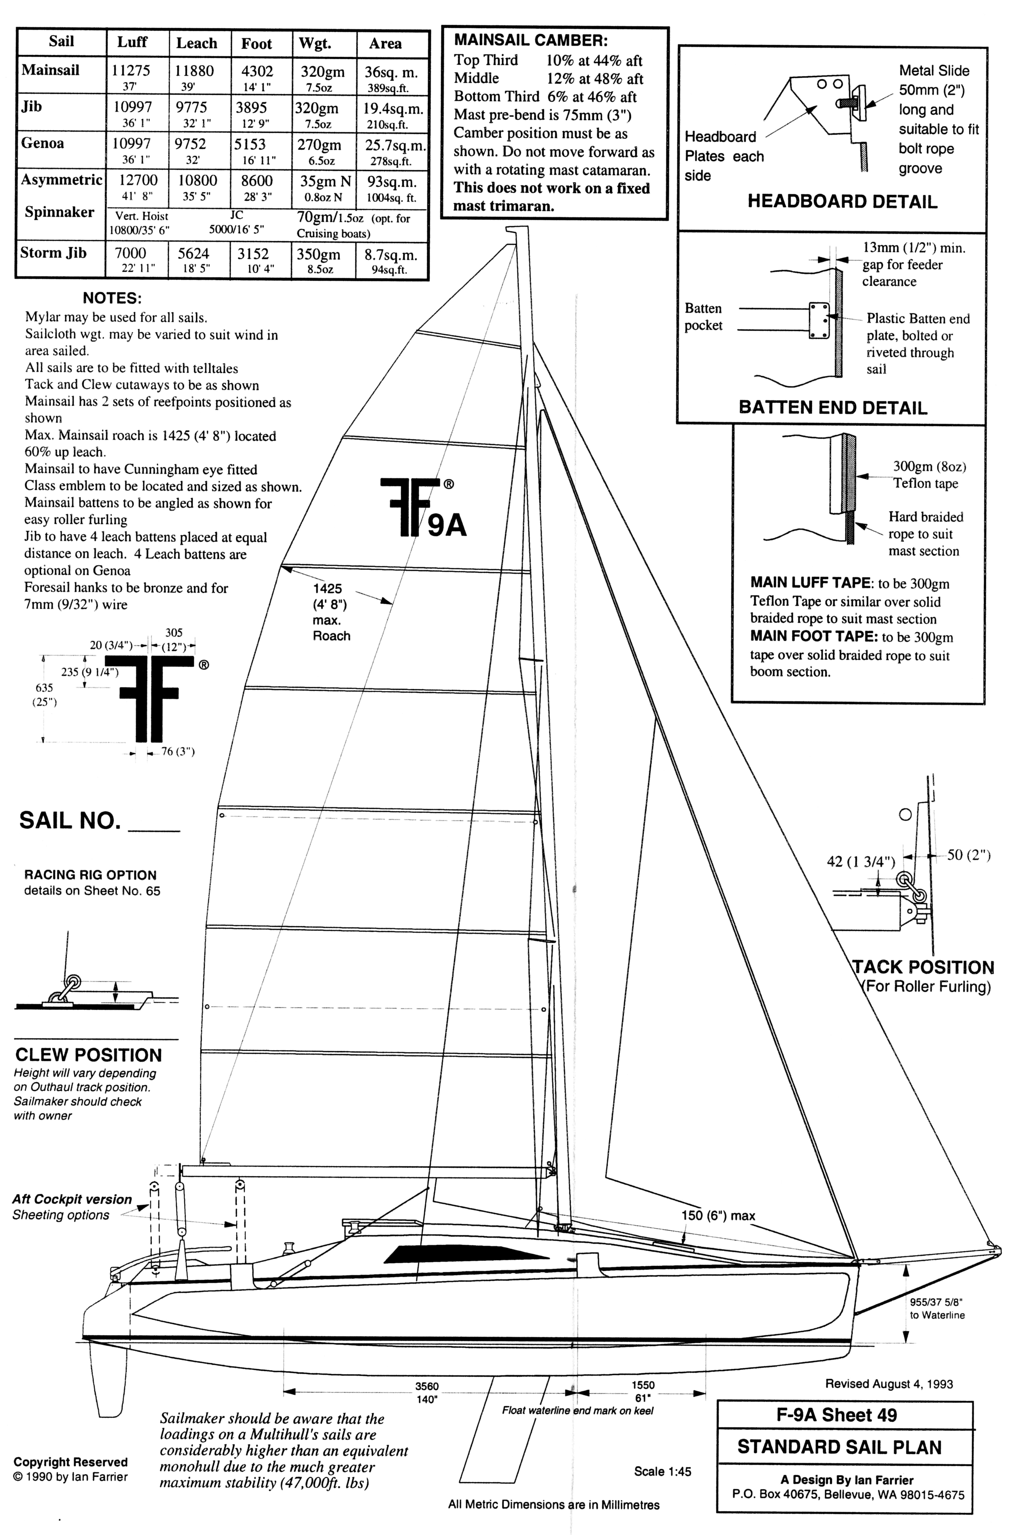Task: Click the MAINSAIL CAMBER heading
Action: pyautogui.click(x=530, y=40)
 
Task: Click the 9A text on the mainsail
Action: pyautogui.click(x=447, y=525)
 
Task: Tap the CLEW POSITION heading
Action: pyautogui.click(x=88, y=1055)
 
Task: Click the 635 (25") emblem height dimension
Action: pyautogui.click(x=44, y=695)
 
